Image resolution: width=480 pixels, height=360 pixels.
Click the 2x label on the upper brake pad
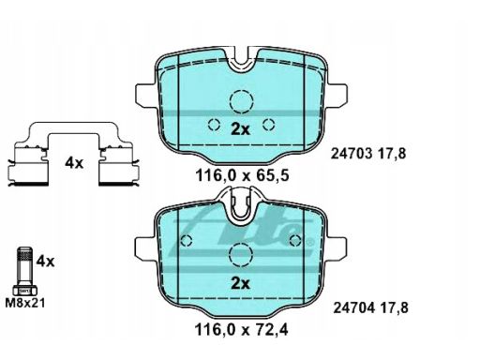[241, 130]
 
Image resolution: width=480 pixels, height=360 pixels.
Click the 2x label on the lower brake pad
[241, 283]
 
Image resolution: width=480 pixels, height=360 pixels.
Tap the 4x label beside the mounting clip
[73, 163]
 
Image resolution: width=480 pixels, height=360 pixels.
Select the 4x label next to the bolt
[46, 260]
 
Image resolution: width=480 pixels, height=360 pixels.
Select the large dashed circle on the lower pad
[241, 254]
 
